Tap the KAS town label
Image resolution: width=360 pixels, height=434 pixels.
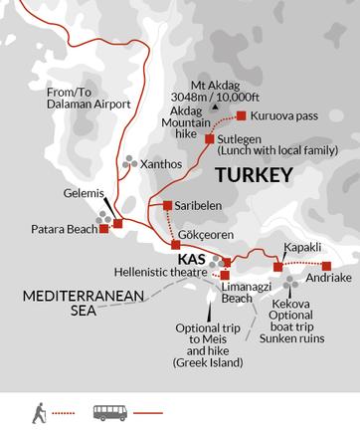[192, 257]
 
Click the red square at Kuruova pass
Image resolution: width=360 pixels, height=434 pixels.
[241, 115]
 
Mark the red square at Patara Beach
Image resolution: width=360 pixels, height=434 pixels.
[104, 228]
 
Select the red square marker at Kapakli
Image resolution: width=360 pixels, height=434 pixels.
[277, 267]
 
